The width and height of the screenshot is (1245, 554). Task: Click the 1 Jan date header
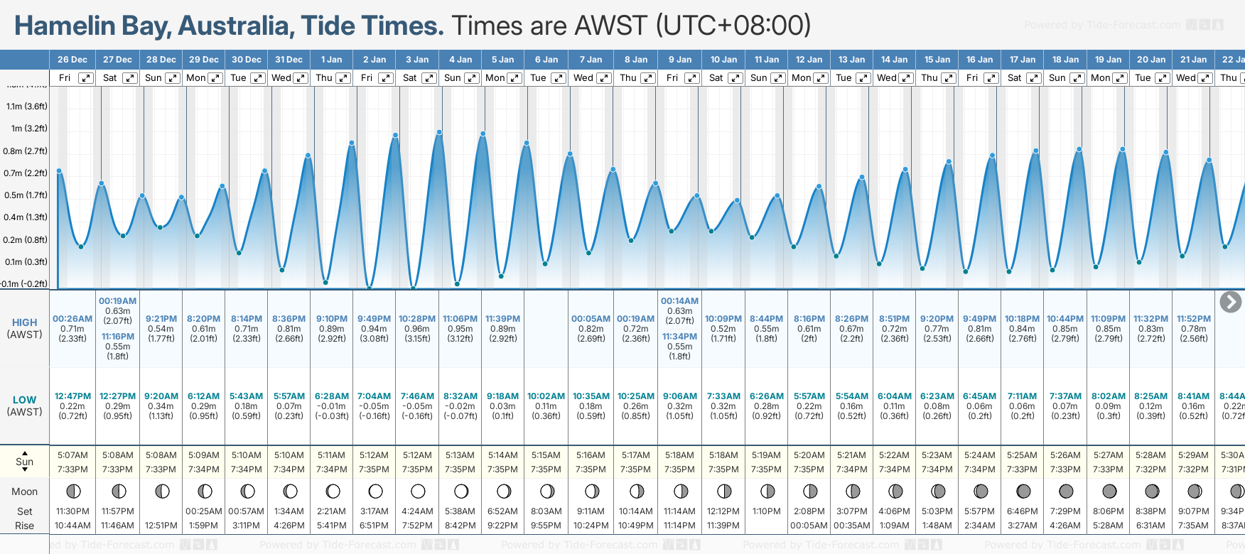pos(331,60)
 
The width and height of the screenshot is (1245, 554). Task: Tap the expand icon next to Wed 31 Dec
pos(301,78)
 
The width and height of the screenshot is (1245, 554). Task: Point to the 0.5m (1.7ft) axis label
pos(26,195)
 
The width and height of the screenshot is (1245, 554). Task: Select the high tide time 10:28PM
pos(417,319)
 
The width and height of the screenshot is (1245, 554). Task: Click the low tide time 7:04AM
pos(374,396)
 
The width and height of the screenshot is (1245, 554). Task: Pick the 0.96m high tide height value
pos(417,329)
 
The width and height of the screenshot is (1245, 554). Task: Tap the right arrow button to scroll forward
pos(1230,302)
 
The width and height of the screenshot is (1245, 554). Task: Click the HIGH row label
pos(24,322)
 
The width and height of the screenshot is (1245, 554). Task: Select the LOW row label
pos(24,400)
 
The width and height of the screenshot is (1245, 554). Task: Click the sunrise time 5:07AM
pos(72,455)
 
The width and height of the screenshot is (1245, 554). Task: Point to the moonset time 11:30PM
pos(72,511)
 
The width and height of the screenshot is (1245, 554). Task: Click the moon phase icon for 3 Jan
pos(418,491)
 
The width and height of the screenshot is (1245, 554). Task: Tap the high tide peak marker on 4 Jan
pos(440,132)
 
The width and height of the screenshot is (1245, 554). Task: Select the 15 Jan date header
pos(939,60)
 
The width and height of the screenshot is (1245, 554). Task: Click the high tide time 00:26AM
pos(72,319)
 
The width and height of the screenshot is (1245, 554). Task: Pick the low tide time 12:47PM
pos(72,396)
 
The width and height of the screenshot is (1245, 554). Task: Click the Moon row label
pos(24,491)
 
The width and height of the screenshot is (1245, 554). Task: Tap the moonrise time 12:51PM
pos(161,526)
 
